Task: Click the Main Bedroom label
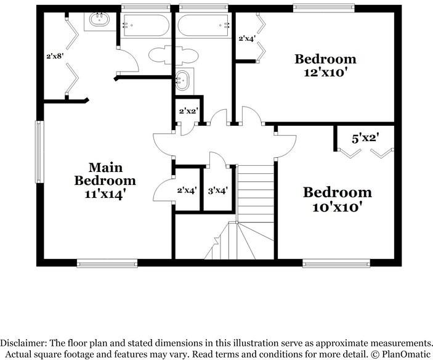(x=105, y=174)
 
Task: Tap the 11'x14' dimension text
(x=105, y=194)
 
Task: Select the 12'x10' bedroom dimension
(x=325, y=73)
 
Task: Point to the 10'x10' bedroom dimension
(x=337, y=207)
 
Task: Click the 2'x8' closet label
(x=55, y=56)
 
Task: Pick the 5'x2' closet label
(x=365, y=138)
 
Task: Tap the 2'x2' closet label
(x=189, y=111)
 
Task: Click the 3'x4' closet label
(x=217, y=190)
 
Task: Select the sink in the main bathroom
(x=99, y=20)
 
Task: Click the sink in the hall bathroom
(x=182, y=80)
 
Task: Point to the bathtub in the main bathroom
(x=146, y=25)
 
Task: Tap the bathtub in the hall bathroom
(x=203, y=25)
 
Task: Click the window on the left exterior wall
(x=39, y=152)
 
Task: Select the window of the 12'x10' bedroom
(x=323, y=8)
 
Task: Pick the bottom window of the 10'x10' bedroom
(x=336, y=263)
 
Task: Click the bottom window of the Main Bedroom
(x=107, y=263)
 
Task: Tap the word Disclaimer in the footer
(x=23, y=343)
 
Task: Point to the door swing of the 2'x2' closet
(x=188, y=129)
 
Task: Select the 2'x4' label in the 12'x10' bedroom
(x=246, y=38)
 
